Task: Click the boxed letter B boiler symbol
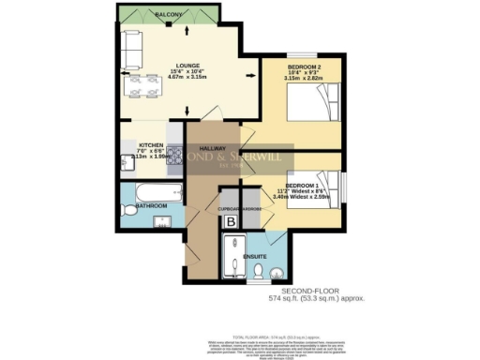(x=232, y=220)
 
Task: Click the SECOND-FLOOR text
(x=314, y=290)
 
